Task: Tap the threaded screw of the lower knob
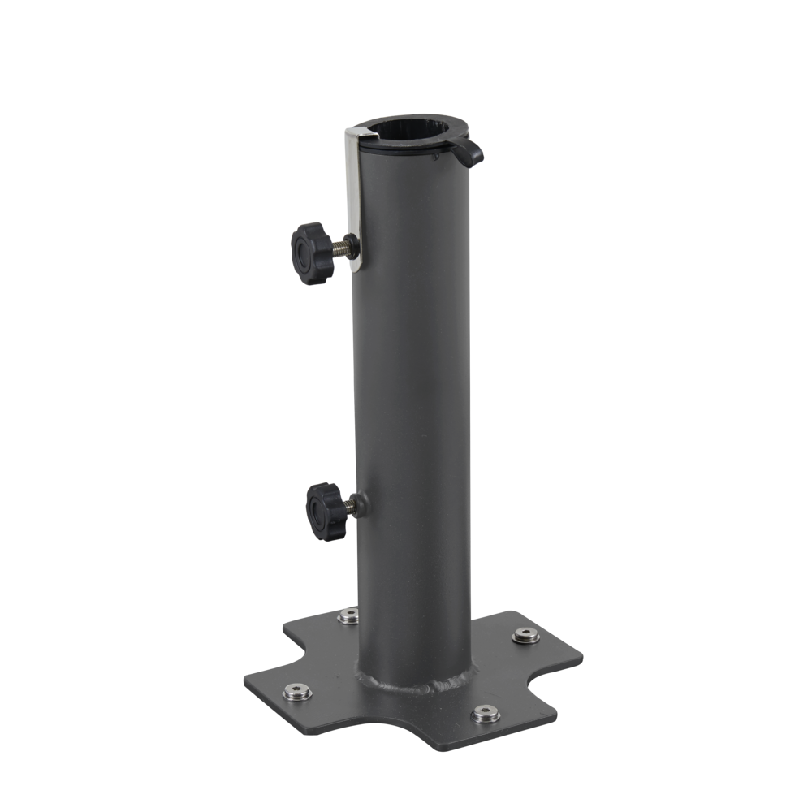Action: pyautogui.click(x=349, y=507)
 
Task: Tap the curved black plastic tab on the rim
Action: pyautogui.click(x=469, y=152)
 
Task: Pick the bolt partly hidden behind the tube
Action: pyautogui.click(x=349, y=615)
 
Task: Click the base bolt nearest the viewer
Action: pyautogui.click(x=486, y=713)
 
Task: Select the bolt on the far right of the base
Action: pyautogui.click(x=525, y=635)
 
